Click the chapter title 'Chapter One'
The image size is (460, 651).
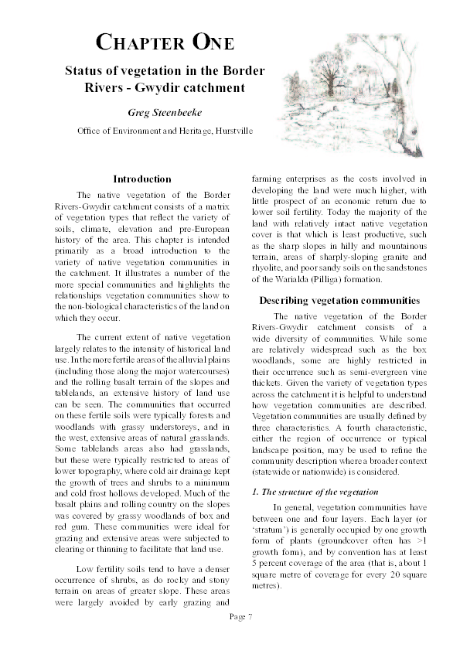coord(164,42)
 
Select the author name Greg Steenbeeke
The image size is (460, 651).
coord(164,112)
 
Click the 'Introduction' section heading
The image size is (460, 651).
coord(142,179)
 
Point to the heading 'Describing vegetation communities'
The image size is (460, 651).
coord(339,300)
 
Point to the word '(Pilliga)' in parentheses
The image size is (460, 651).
coord(335,279)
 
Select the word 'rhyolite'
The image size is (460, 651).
coord(270,268)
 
